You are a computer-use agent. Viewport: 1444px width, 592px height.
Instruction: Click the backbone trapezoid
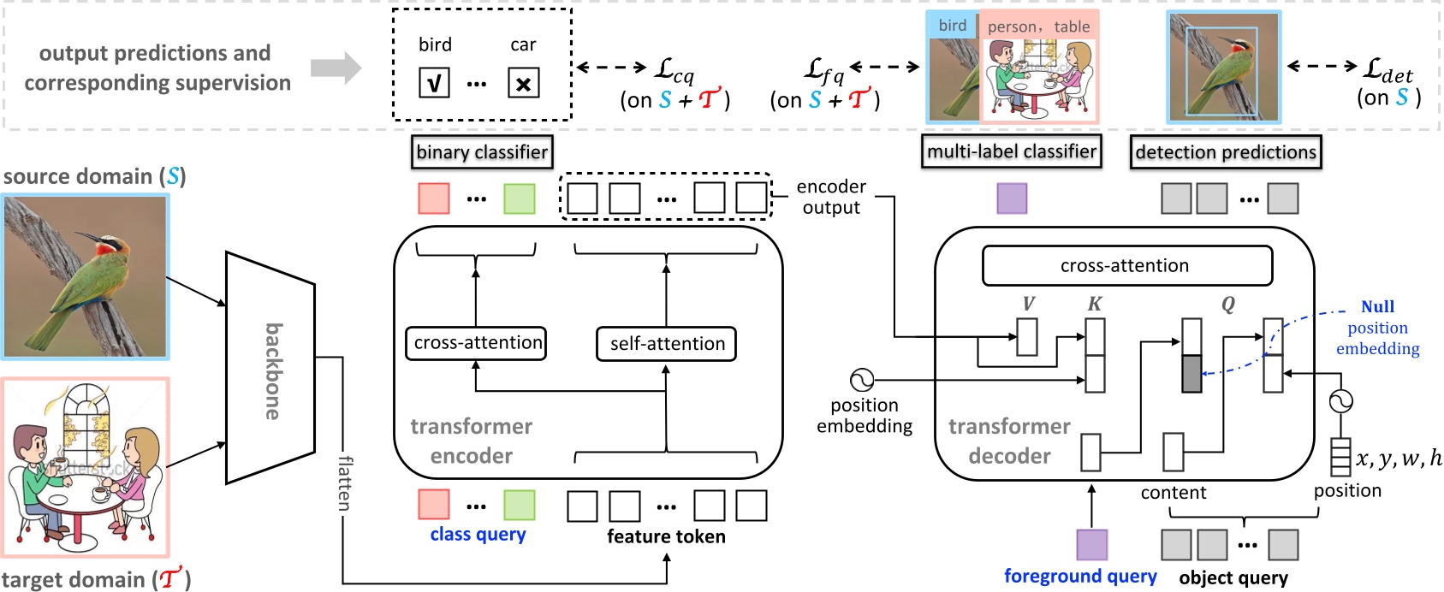pyautogui.click(x=270, y=368)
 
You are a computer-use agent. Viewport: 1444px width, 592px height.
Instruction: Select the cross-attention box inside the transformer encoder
pyautogui.click(x=476, y=343)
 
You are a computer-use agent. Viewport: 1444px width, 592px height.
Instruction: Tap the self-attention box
pyautogui.click(x=666, y=344)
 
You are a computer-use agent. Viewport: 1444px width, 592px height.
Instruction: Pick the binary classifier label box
pyautogui.click(x=481, y=152)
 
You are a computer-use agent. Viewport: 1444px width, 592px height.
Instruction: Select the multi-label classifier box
pyautogui.click(x=1011, y=151)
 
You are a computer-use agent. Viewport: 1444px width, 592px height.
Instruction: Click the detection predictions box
pyautogui.click(x=1225, y=152)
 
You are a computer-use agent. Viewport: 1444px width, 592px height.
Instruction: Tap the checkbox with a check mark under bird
pyautogui.click(x=434, y=83)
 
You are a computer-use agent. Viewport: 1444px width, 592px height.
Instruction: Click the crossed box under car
pyautogui.click(x=523, y=83)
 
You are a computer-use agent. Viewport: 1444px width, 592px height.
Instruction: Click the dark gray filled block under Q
pyautogui.click(x=1191, y=374)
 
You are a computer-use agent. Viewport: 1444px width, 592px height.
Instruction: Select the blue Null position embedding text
pyautogui.click(x=1377, y=328)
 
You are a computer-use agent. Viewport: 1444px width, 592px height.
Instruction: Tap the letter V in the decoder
pyautogui.click(x=1028, y=305)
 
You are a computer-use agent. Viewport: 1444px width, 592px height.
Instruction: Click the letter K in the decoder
pyautogui.click(x=1094, y=305)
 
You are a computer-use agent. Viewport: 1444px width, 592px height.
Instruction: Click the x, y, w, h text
pyautogui.click(x=1399, y=459)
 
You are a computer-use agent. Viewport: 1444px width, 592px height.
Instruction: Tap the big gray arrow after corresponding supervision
pyautogui.click(x=336, y=68)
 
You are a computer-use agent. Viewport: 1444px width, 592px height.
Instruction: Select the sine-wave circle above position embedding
pyautogui.click(x=862, y=380)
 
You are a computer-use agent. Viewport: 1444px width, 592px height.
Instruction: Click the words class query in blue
pyautogui.click(x=478, y=535)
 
